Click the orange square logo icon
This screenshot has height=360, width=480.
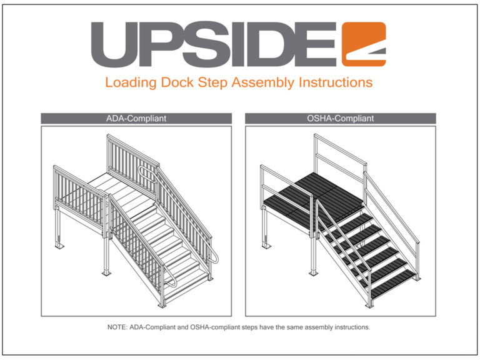pyautogui.click(x=364, y=44)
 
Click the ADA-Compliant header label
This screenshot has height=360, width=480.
pyautogui.click(x=136, y=118)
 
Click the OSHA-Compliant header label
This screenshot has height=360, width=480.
pyautogui.click(x=341, y=118)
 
